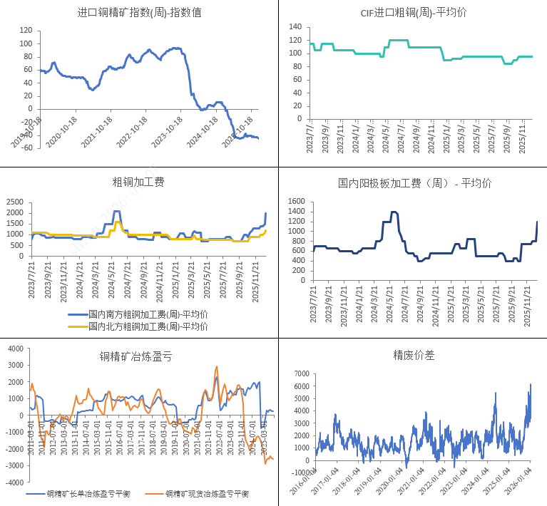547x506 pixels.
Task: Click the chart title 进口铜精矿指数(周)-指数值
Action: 139,12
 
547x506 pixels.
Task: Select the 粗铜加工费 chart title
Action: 138,182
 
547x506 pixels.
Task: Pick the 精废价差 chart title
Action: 413,355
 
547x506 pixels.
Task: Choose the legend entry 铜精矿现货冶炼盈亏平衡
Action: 207,493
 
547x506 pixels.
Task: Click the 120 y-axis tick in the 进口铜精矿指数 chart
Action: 26,31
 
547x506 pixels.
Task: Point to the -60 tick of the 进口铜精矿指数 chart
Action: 26,148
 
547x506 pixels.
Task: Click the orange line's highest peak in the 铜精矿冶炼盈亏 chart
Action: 217,366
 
